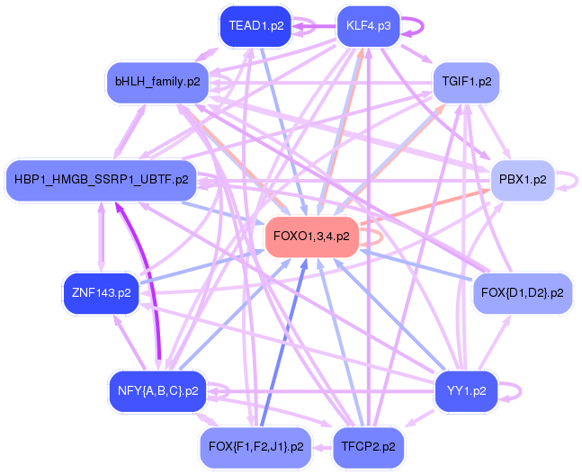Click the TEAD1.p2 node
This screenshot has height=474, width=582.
256,26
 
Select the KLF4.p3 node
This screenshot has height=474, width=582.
368,26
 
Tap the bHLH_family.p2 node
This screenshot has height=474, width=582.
157,82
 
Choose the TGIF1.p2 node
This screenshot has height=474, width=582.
466,82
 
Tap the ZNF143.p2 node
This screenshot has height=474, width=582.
101,292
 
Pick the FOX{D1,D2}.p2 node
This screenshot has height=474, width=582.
522,292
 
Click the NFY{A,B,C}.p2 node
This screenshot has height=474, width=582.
157,391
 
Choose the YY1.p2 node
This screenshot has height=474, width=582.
466,391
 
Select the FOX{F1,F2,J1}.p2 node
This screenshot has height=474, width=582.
256,446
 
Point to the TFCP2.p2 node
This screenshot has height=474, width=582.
368,446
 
